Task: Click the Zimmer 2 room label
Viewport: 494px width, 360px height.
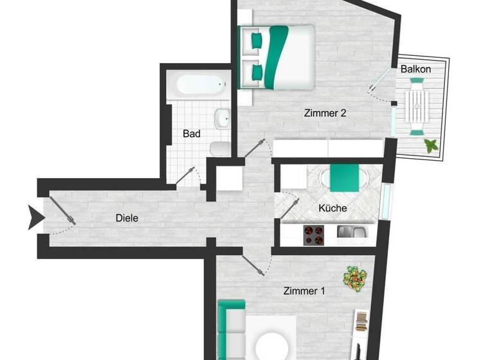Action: [325, 113]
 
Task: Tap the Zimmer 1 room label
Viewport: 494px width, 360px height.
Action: [304, 291]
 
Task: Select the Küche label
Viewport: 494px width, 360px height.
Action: [333, 208]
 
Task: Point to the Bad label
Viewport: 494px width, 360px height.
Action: [192, 134]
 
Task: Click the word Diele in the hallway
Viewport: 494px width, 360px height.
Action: [127, 218]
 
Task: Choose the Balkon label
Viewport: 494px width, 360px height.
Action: [416, 69]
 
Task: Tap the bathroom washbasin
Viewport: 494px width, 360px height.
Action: [223, 118]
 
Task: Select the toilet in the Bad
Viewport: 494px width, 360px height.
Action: [219, 148]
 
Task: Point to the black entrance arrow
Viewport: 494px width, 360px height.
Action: [35, 217]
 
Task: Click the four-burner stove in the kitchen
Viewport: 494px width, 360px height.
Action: [313, 235]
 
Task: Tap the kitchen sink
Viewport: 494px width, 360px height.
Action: [351, 232]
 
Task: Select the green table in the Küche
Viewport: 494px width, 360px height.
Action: [345, 177]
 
